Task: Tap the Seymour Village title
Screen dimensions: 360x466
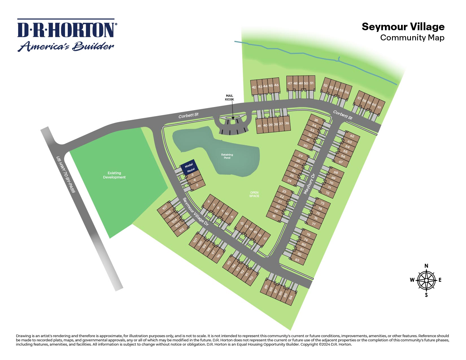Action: (403, 27)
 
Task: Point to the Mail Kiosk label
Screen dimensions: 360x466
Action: (229, 98)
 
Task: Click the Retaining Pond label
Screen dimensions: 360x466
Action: (227, 156)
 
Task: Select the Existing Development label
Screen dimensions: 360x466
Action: (114, 175)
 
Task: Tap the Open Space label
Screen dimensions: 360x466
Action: (254, 194)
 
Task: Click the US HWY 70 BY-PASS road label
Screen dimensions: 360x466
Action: (66, 174)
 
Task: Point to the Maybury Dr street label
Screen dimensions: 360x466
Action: (309, 184)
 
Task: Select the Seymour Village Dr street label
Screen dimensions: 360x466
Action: (195, 211)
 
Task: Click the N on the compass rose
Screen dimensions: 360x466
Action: (426, 266)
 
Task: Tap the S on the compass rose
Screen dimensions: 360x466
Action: (426, 295)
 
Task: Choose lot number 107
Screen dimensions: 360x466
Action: (165, 208)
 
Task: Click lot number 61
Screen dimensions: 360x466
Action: (379, 107)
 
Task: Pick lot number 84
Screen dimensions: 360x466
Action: (291, 297)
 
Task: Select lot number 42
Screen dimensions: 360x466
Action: (254, 87)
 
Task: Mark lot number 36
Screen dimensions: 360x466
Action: (287, 123)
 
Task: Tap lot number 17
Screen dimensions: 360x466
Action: (265, 239)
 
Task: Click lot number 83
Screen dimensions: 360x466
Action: (297, 260)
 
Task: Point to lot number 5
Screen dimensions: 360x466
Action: (197, 185)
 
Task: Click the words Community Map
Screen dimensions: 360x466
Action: (412, 38)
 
